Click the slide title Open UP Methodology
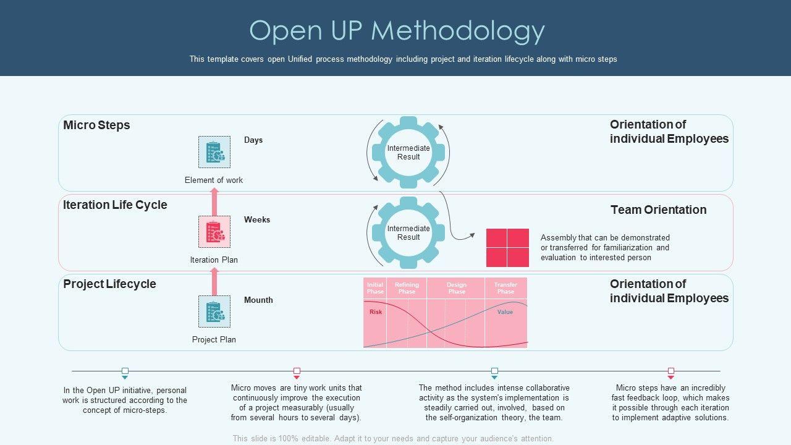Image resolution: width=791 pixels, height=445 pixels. click(397, 31)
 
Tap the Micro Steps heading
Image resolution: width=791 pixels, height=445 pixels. click(96, 125)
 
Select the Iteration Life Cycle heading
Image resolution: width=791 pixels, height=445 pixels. click(115, 205)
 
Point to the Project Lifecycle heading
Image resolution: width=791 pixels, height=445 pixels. click(109, 284)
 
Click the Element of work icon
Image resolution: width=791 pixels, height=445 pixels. click(214, 152)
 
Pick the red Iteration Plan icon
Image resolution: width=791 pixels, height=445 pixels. click(214, 232)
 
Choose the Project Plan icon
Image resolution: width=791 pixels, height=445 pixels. click(214, 311)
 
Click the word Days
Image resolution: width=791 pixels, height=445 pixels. click(253, 140)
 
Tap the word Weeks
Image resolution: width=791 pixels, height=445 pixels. click(257, 219)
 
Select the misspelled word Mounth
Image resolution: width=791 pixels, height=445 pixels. click(258, 300)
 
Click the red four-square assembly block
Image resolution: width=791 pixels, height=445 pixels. click(507, 247)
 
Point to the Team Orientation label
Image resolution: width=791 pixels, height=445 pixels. click(658, 210)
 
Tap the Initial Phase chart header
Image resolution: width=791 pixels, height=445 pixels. click(375, 288)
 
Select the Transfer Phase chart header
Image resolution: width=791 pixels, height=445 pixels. click(505, 288)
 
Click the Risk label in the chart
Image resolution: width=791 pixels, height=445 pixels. click(376, 311)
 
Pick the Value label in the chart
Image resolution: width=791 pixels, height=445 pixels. click(505, 311)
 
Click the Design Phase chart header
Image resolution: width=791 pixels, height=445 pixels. click(457, 288)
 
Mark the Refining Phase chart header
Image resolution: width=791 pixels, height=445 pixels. click(407, 288)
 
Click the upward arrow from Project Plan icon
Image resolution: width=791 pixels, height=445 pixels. click(215, 283)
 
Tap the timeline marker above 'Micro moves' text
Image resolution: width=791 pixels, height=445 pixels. click(297, 371)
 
